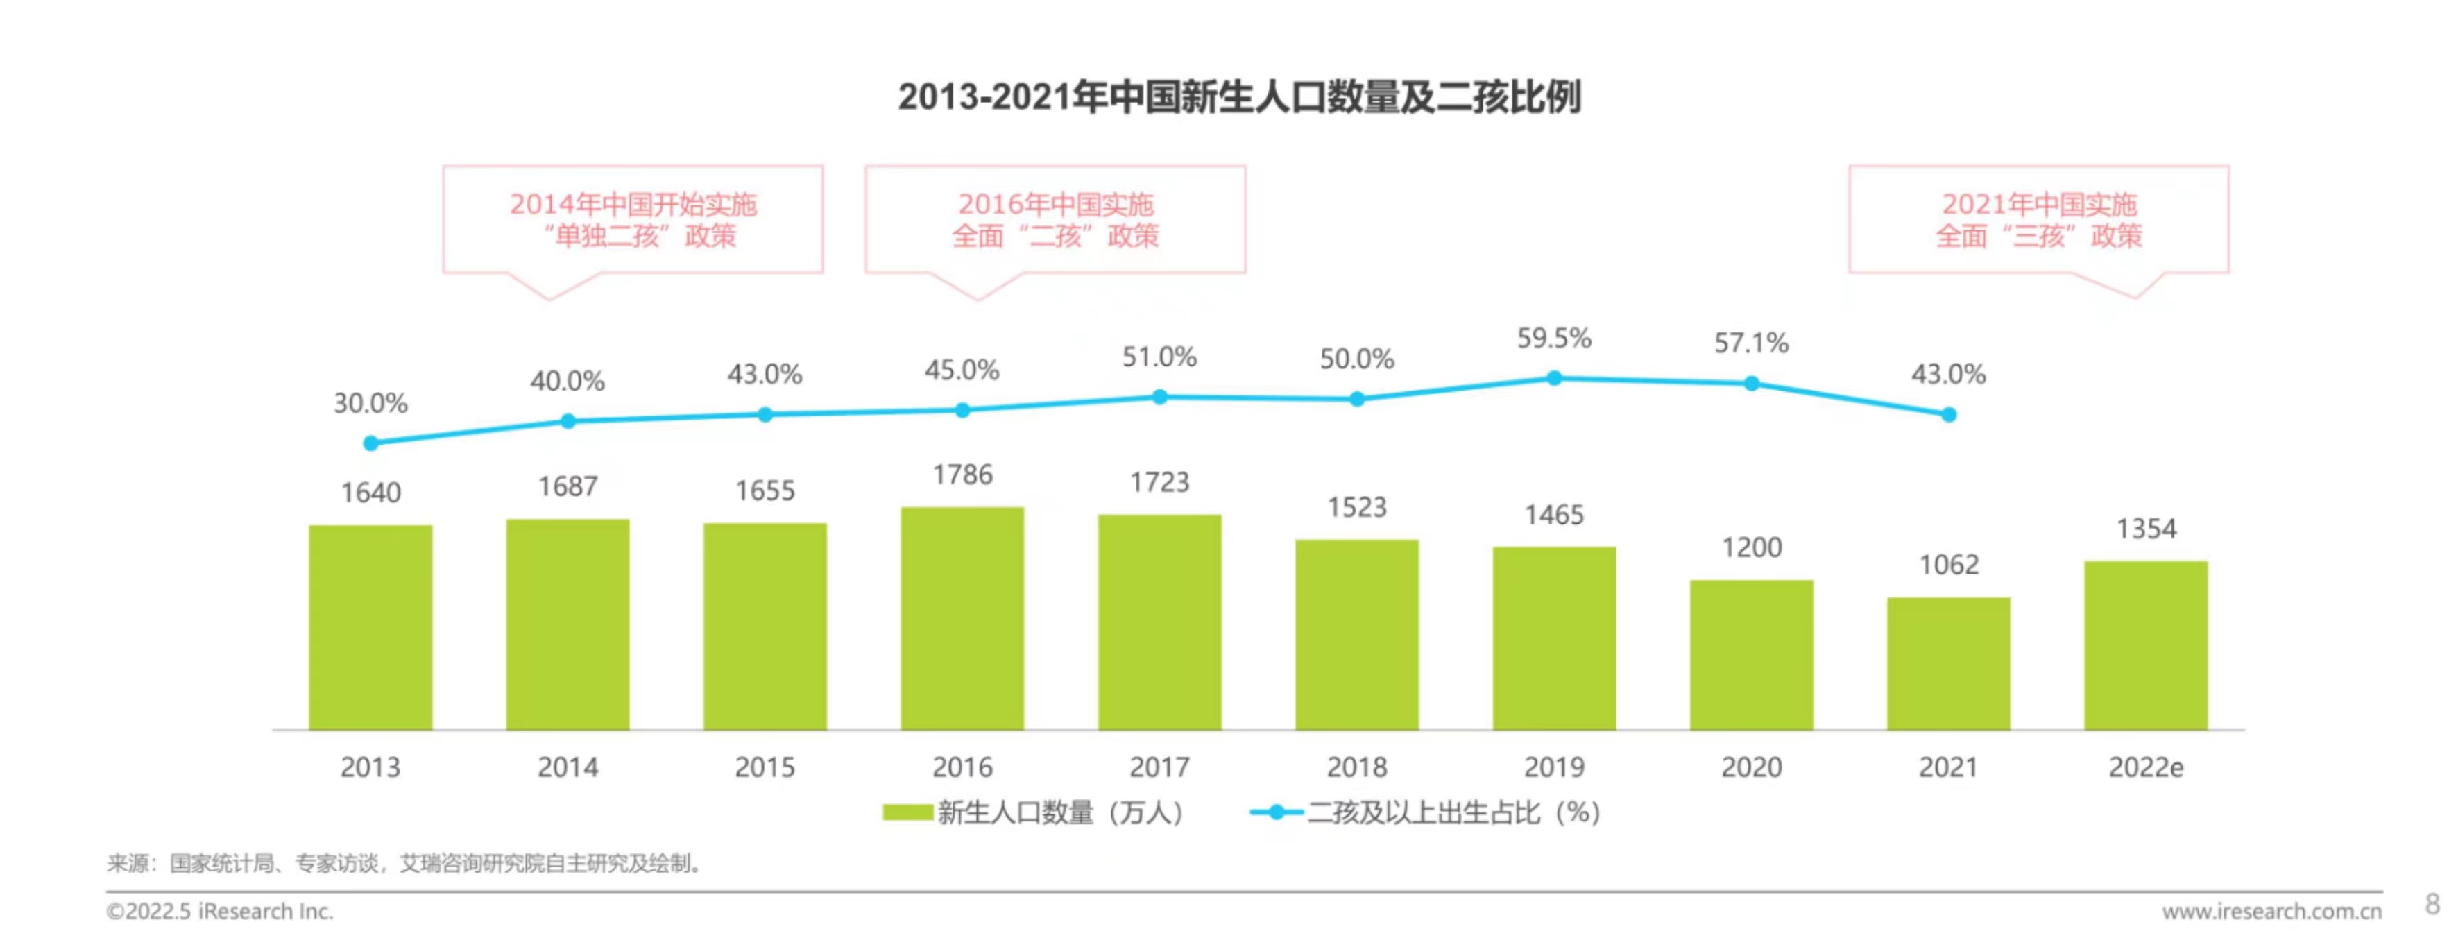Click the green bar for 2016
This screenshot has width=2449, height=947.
click(962, 618)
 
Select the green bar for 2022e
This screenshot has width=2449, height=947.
click(2146, 646)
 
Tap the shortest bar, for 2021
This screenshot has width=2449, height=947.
click(1948, 664)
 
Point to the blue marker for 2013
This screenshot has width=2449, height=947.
click(370, 443)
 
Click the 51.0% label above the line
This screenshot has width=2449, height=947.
click(1159, 357)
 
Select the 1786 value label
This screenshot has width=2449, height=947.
click(962, 475)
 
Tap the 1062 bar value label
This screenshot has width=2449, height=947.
click(1948, 565)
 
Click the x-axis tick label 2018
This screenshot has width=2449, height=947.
click(1356, 767)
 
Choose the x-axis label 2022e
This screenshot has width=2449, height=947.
click(2146, 767)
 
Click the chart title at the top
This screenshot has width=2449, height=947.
click(1239, 97)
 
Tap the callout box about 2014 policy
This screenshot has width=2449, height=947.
click(632, 220)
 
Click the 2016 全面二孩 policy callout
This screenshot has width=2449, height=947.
click(1055, 220)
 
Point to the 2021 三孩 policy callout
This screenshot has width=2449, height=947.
click(2038, 220)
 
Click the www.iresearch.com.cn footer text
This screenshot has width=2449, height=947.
click(2271, 911)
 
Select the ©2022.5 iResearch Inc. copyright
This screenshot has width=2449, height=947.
click(220, 911)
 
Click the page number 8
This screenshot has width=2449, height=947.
click(2432, 903)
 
